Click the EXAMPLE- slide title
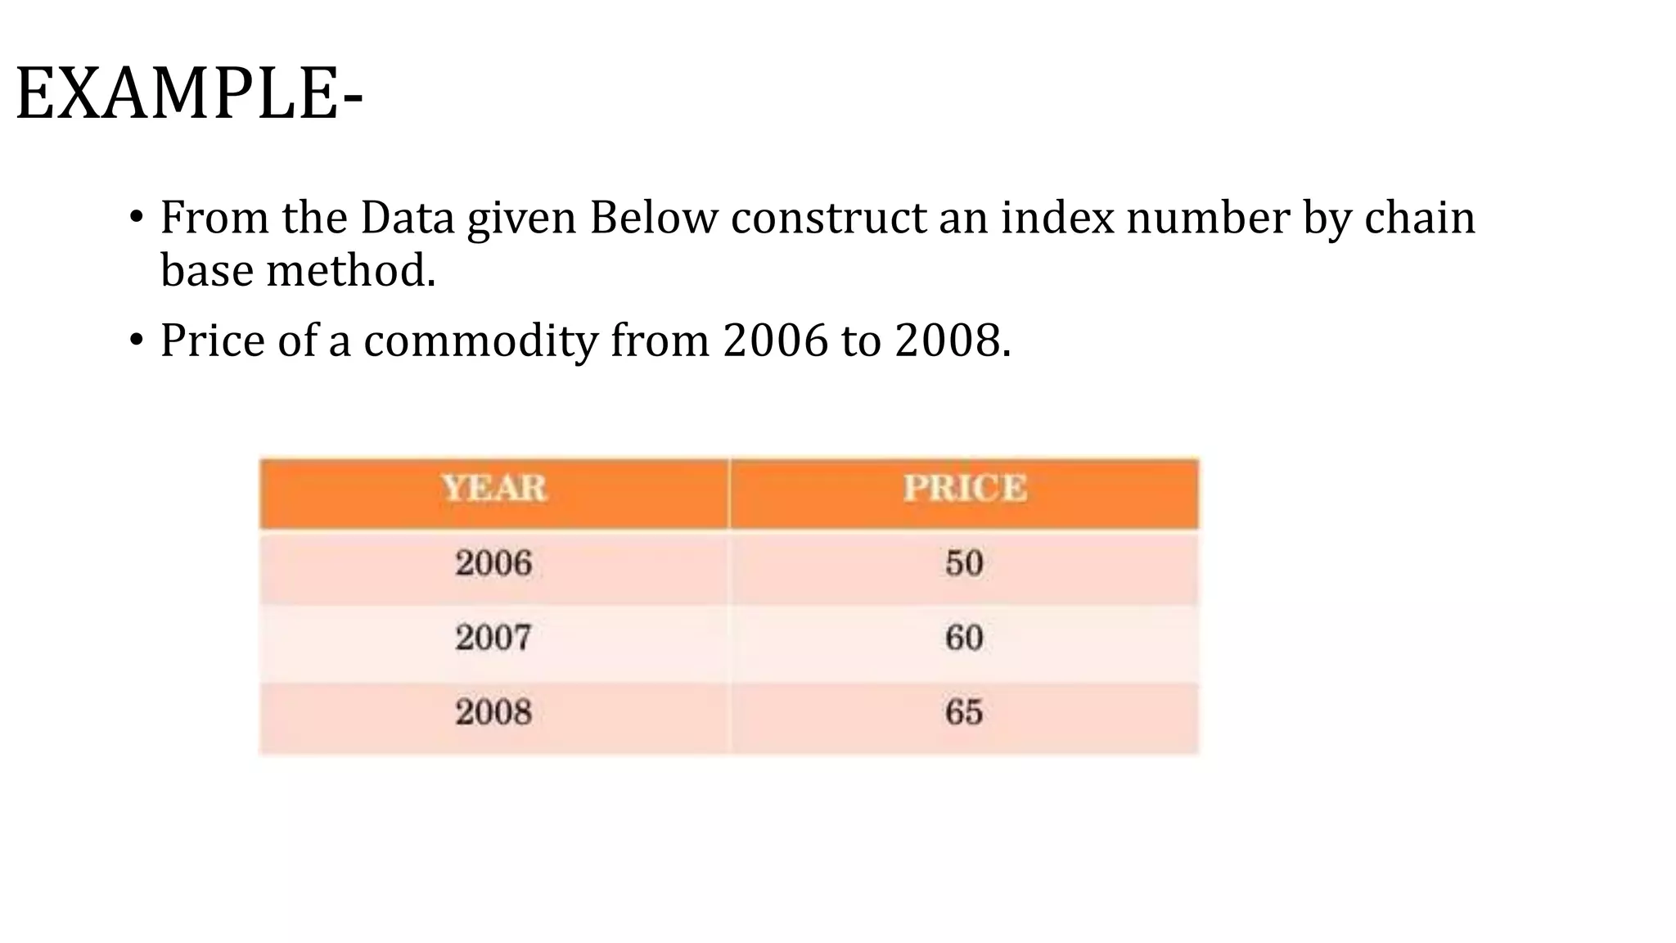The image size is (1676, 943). (x=189, y=95)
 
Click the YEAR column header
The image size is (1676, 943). (x=493, y=489)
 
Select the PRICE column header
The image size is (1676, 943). (x=964, y=489)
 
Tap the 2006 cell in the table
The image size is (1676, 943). (x=493, y=563)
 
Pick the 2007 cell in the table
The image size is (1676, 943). (x=493, y=638)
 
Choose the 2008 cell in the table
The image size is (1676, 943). (x=493, y=712)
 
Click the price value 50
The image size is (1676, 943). (x=964, y=563)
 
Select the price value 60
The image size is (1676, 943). (x=964, y=638)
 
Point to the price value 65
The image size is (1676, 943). (x=964, y=712)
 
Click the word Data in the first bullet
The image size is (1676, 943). (x=407, y=219)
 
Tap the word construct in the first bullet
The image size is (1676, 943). (x=828, y=219)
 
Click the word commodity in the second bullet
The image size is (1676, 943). (x=481, y=341)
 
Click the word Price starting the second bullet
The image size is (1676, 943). (x=212, y=341)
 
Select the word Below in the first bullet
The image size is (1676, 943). (x=653, y=219)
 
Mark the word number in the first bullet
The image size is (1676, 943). (x=1208, y=219)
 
